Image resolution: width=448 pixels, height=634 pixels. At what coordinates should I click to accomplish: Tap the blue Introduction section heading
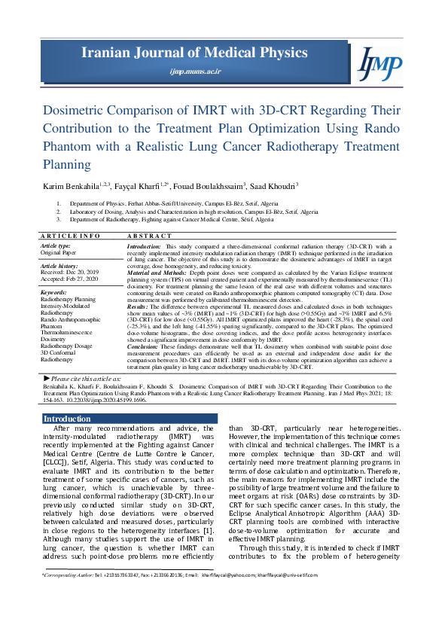tap(67, 419)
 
